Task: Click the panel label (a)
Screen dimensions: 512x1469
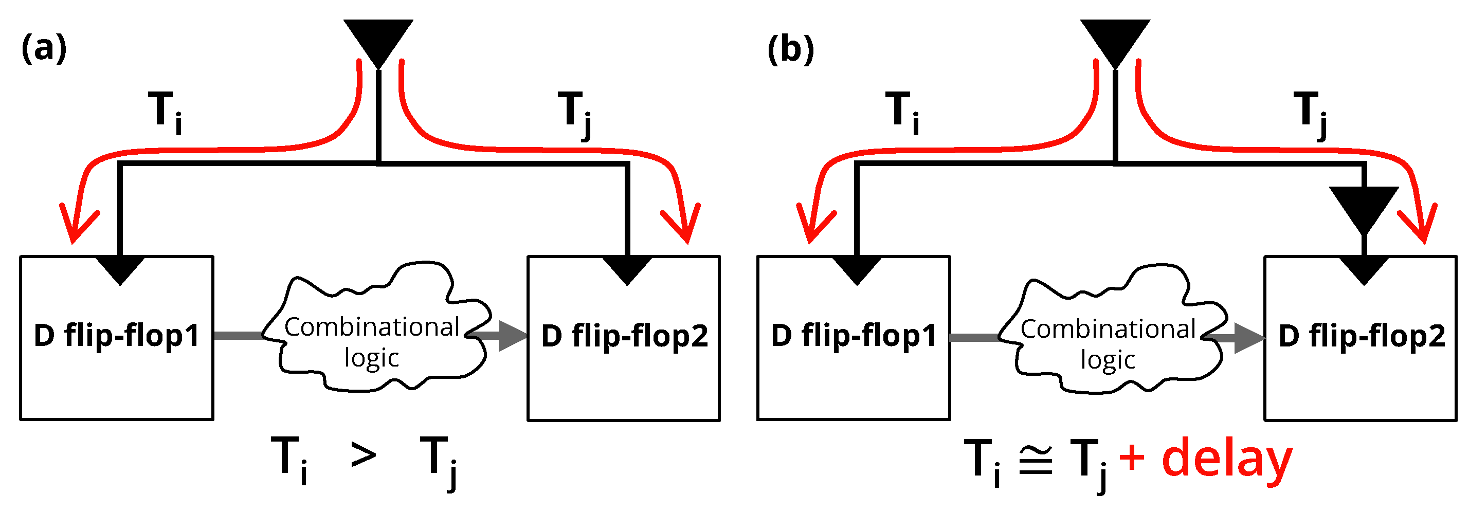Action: [44, 48]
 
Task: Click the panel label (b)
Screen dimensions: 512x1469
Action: [790, 49]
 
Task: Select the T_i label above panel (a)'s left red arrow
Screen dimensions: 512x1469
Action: [165, 112]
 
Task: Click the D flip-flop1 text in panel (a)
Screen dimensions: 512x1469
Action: [116, 335]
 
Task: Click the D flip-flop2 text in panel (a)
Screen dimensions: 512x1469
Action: [624, 336]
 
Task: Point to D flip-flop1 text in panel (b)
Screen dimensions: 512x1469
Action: [854, 335]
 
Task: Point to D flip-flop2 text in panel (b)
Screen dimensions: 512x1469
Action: [1361, 336]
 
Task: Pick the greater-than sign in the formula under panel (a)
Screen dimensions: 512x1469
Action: [363, 455]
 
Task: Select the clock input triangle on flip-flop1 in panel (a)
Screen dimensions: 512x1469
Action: [120, 269]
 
